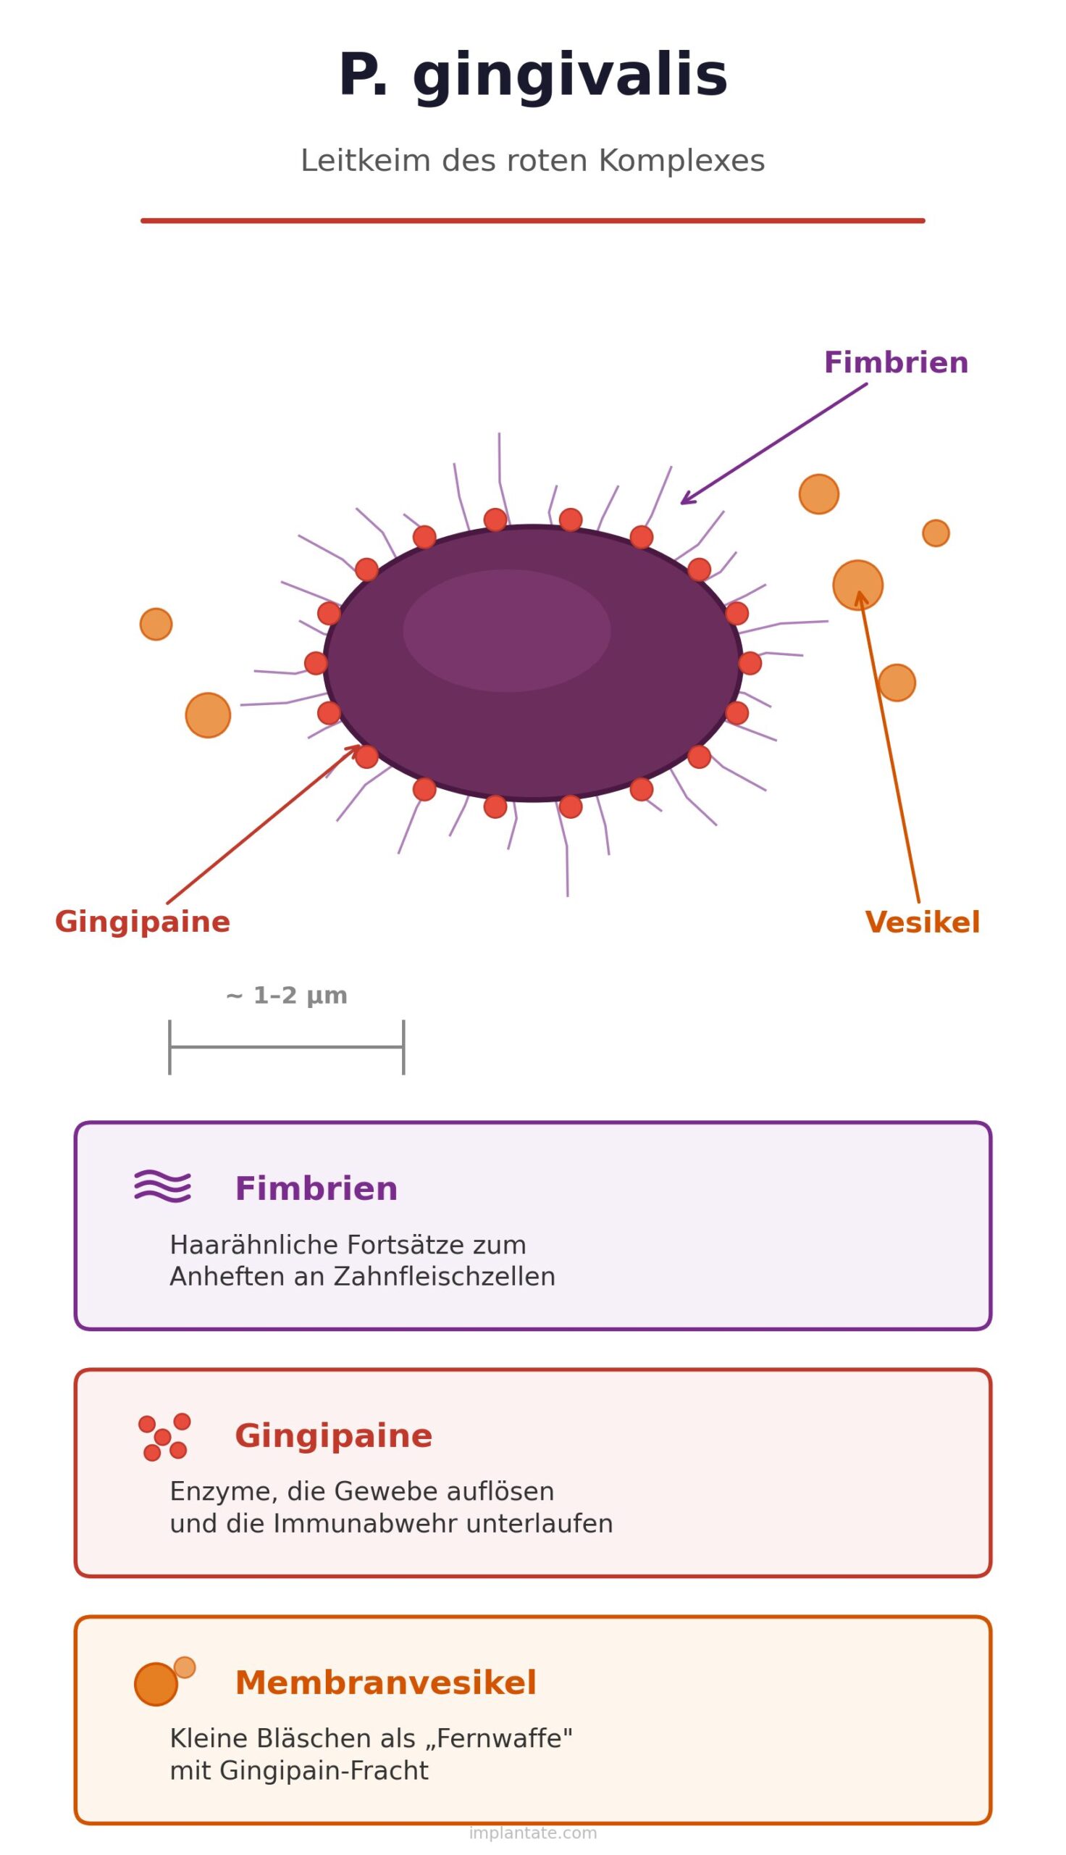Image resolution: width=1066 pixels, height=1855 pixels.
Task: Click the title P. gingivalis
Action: pos(532,77)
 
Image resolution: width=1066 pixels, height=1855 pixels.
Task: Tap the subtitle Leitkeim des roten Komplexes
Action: pos(532,161)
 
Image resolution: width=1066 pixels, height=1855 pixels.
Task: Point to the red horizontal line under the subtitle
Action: pos(532,220)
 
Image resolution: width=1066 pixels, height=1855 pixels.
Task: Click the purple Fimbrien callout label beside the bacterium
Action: pos(895,363)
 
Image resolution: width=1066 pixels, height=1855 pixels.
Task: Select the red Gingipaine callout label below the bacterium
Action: pos(142,922)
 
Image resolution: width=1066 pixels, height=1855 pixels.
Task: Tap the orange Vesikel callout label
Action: pos(922,922)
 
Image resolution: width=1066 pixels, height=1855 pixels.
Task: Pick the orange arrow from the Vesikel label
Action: pos(889,747)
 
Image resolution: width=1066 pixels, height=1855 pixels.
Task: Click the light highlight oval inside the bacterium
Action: pos(507,630)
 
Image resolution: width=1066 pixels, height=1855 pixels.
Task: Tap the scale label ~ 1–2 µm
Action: pos(286,996)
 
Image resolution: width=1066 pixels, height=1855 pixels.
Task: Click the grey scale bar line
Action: pos(286,1046)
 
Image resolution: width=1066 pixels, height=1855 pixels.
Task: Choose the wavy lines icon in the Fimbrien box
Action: pos(162,1185)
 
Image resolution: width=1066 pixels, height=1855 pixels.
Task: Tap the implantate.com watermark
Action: pos(532,1833)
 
